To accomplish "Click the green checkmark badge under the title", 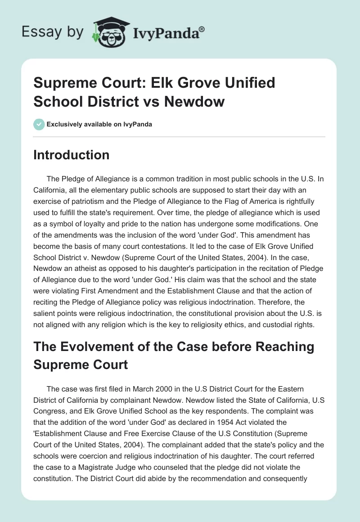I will (39, 124).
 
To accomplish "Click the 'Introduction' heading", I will (72, 155).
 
